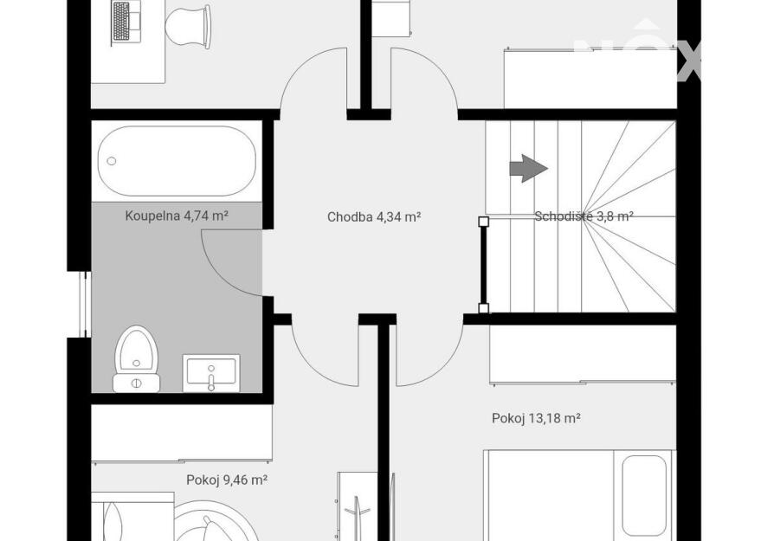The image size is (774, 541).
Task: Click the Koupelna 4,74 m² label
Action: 177,216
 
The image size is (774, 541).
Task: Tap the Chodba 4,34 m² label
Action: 374,216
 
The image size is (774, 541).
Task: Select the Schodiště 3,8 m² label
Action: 584,216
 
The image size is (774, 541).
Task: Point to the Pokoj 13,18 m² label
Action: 536,419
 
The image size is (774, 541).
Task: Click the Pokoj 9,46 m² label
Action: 227,480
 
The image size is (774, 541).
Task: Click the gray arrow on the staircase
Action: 528,168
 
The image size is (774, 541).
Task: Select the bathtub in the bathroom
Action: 177,161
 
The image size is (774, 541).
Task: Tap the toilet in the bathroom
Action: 136,359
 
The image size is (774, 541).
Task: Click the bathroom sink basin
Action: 211,373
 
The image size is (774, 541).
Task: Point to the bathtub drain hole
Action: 112,161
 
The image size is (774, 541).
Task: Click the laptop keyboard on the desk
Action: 121,22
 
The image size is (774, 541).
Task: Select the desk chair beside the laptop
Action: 188,27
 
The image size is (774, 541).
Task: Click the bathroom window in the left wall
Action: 85,304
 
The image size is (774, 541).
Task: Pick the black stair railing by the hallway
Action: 484,265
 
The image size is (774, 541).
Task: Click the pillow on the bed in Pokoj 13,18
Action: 644,495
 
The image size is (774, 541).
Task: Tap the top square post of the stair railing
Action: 484,222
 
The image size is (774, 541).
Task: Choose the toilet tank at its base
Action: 136,383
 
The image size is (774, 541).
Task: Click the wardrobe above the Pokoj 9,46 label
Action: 182,433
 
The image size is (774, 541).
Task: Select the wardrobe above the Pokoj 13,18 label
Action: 583,353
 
